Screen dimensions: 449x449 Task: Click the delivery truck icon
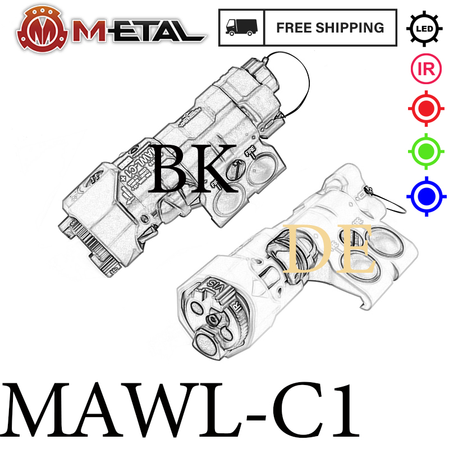coord(241,28)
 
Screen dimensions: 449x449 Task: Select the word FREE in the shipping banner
coord(297,28)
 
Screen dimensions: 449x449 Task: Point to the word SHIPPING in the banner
coord(354,28)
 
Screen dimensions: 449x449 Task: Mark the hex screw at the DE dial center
coord(214,319)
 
